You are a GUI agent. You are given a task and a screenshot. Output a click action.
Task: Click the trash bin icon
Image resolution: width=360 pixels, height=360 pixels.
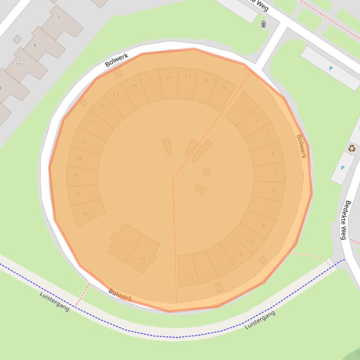point(263,24)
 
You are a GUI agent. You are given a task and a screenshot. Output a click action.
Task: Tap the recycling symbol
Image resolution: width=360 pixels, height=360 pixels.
point(352,149)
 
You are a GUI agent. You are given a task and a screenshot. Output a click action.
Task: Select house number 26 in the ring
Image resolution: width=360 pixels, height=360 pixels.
point(169,77)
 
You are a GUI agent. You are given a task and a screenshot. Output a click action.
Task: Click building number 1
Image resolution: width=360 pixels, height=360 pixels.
point(245,107)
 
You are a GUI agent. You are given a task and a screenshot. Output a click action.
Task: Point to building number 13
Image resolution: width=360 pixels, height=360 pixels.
point(190,277)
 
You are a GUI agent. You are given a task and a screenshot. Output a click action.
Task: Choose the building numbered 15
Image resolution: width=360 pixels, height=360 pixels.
point(123,248)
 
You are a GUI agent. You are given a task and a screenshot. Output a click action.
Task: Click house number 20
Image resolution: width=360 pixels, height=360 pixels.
point(83,141)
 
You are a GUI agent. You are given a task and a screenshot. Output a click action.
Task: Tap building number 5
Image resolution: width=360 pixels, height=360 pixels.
point(276,173)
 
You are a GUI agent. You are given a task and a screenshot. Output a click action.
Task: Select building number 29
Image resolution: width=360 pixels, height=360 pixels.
point(223,88)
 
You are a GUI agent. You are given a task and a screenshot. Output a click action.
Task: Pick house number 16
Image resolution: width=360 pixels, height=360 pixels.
point(84,214)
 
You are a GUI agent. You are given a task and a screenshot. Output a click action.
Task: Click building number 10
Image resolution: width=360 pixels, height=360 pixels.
point(240,254)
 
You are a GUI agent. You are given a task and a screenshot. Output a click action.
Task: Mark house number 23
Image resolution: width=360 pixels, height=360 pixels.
point(116,94)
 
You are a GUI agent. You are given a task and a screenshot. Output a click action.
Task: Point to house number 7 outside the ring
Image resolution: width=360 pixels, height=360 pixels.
point(59,18)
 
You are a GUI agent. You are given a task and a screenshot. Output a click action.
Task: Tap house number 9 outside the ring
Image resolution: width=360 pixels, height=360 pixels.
point(34,45)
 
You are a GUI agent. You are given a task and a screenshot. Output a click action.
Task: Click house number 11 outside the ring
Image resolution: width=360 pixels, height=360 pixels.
point(18,65)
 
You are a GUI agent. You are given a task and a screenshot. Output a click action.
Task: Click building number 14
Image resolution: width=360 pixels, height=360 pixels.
point(142,259)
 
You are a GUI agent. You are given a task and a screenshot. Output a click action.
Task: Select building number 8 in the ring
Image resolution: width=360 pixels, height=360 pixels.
point(263,225)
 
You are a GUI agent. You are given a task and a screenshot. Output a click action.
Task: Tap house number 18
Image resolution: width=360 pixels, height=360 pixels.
point(75,176)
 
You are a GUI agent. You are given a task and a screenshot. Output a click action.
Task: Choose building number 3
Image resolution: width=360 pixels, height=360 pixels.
point(267,136)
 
